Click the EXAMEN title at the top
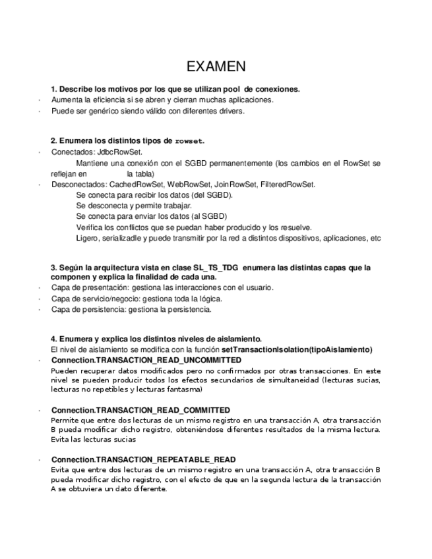[216, 66]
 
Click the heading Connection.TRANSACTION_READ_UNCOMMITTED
[146, 360]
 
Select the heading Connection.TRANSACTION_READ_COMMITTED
[140, 409]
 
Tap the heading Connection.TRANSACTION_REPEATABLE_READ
[143, 459]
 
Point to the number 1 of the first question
[53, 88]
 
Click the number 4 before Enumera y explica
[53, 338]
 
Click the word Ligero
[88, 238]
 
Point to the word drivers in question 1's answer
[232, 111]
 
